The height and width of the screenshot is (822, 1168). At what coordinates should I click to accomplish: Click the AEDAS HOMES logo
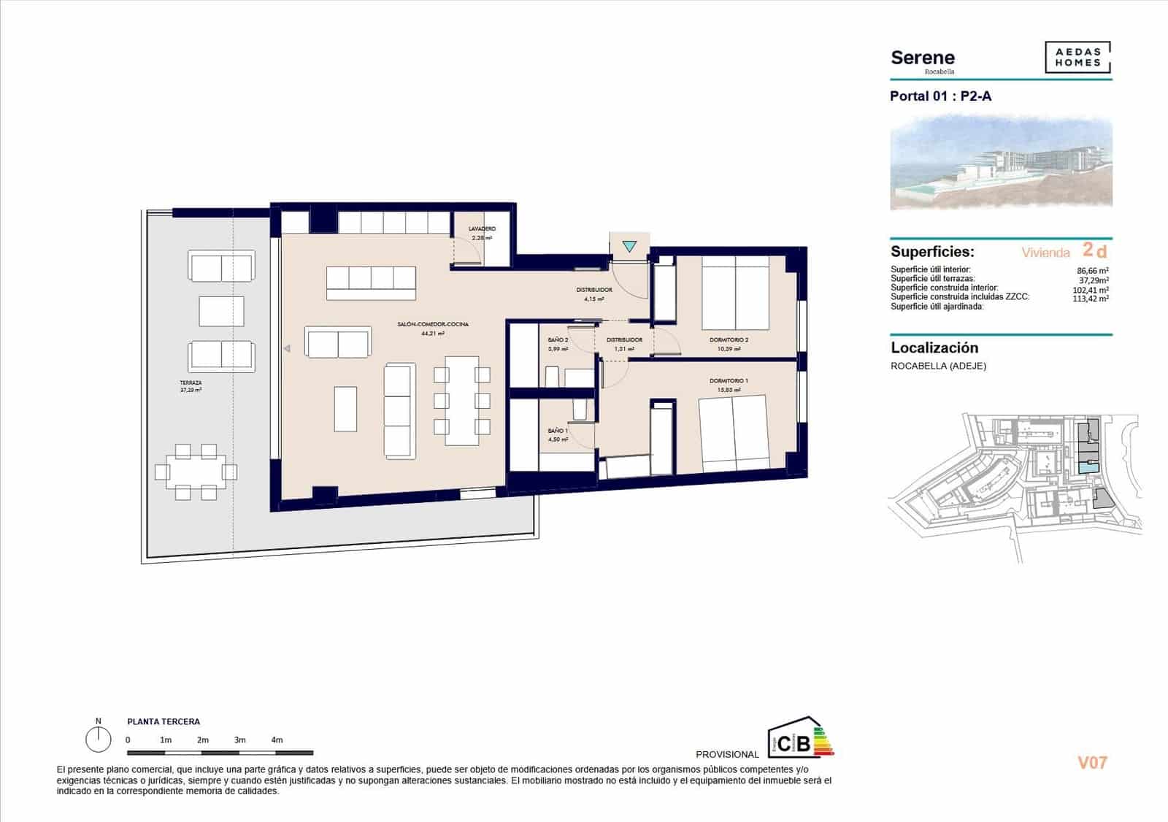click(1077, 58)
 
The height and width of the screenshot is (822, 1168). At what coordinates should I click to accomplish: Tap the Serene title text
click(923, 58)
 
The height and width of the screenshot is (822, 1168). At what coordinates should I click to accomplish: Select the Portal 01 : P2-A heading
click(940, 96)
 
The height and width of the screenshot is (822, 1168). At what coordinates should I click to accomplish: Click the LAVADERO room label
click(482, 229)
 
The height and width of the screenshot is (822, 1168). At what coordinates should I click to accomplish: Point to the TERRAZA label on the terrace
click(191, 383)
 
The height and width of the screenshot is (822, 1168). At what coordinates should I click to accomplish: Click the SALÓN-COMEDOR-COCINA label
click(433, 324)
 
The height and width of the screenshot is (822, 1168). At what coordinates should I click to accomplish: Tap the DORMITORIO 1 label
click(729, 381)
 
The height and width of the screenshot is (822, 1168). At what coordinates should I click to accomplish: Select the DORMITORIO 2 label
click(729, 340)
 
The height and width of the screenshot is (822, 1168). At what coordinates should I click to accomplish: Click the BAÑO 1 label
click(558, 431)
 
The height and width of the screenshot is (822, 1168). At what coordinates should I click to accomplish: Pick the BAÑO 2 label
click(558, 340)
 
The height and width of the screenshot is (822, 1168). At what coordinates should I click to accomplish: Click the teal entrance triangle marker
click(629, 247)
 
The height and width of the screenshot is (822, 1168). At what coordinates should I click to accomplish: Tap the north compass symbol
click(98, 739)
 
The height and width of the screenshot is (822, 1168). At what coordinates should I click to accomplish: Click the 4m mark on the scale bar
click(277, 740)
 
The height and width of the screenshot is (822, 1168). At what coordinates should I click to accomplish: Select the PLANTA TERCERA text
click(164, 721)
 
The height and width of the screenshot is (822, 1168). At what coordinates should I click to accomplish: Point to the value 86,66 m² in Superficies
click(1093, 271)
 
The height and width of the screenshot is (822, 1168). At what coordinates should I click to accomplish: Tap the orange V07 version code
click(1092, 763)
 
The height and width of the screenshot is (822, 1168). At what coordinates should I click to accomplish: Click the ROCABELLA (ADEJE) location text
click(938, 366)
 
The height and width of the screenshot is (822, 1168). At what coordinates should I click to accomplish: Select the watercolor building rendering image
click(1001, 162)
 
